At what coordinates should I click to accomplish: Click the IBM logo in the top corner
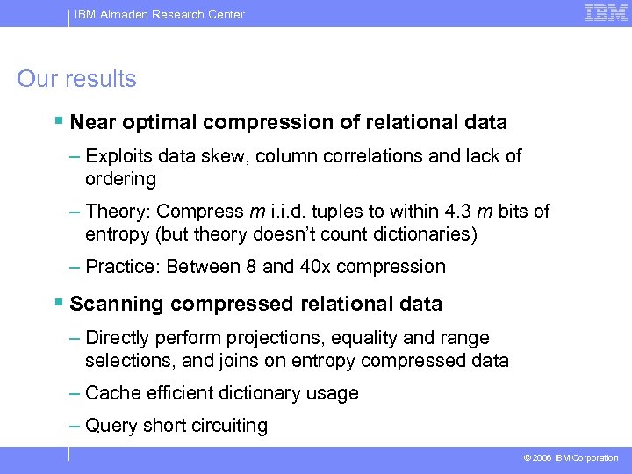click(606, 13)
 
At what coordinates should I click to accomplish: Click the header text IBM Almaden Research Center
click(159, 14)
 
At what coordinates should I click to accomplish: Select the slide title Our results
click(76, 79)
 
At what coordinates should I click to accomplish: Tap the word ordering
click(120, 179)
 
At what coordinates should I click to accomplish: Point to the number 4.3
click(456, 212)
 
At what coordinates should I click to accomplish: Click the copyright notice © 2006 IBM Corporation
click(571, 458)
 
